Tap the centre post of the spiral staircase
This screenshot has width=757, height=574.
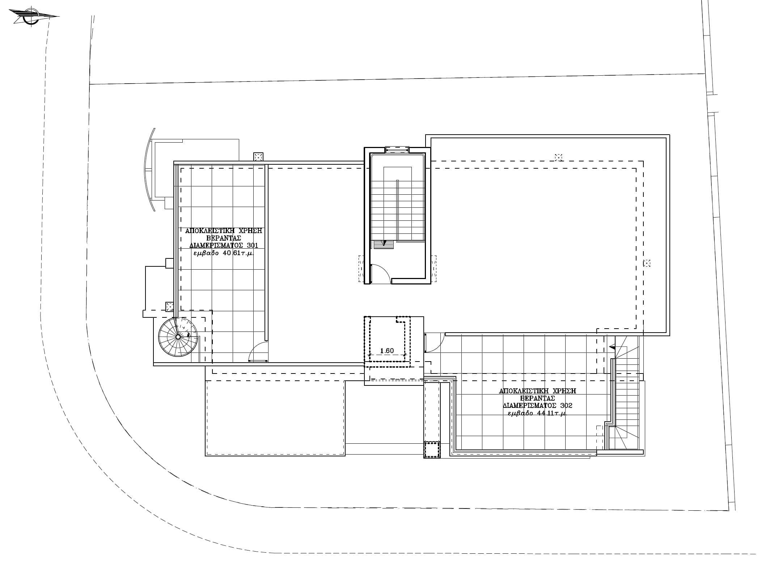tap(178, 337)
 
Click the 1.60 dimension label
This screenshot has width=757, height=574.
tap(387, 351)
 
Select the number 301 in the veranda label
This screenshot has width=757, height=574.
tap(252, 245)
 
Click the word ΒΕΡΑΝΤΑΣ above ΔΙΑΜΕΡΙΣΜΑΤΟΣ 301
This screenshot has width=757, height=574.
tap(224, 238)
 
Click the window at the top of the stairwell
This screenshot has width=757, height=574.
tap(397, 149)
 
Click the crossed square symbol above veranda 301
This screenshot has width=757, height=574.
tap(258, 157)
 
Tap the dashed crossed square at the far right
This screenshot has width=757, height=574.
tap(647, 263)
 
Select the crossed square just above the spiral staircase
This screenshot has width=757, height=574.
tap(169, 306)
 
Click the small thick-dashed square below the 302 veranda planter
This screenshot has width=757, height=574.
tap(431, 450)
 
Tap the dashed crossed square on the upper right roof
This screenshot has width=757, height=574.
tap(559, 157)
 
